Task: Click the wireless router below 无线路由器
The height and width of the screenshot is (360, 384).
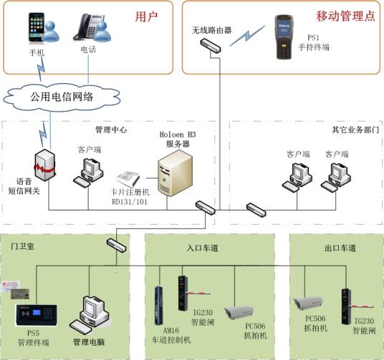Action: coord(211,45)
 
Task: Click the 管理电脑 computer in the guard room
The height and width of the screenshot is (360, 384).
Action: coord(96,312)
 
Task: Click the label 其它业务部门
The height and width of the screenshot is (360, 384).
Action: coord(353,131)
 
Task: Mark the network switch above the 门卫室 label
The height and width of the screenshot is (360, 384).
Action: coord(117,243)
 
